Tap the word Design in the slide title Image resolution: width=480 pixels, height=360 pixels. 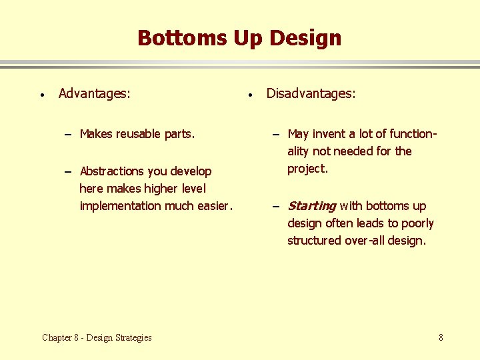tap(305, 38)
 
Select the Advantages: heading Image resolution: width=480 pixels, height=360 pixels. tap(94, 93)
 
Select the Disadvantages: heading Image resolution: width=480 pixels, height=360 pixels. tap(311, 93)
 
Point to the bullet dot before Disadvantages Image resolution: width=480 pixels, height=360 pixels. tap(249, 95)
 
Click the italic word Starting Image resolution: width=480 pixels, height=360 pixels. tap(311, 206)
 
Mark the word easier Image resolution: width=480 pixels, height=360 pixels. tap(213, 206)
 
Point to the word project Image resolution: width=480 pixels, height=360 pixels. tap(307, 169)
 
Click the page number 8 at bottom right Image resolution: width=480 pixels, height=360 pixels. tap(441, 337)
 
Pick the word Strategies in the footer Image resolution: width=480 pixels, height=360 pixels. tap(134, 337)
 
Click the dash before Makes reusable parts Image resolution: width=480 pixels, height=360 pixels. tap(69, 135)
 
